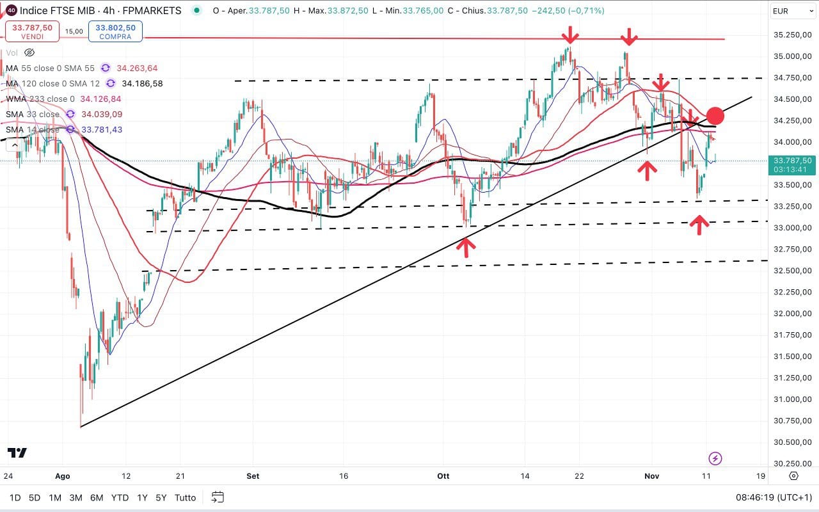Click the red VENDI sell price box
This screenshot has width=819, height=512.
[x=32, y=31]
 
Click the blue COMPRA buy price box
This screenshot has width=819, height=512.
[x=115, y=31]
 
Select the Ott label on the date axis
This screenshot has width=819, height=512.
[x=444, y=476]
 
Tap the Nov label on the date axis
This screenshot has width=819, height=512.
[x=652, y=476]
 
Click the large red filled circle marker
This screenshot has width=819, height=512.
[x=715, y=116]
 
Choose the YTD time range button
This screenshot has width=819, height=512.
[x=120, y=497]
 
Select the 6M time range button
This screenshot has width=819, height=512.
[x=97, y=497]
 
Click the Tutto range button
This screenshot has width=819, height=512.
[x=185, y=497]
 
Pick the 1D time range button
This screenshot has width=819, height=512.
[x=15, y=497]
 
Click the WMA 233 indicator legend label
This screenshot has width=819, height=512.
[x=40, y=99]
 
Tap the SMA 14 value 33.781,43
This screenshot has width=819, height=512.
[x=99, y=129]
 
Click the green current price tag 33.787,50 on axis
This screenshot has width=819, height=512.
[x=792, y=165]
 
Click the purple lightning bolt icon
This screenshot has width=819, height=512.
[x=715, y=458]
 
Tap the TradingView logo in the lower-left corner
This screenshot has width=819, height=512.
[x=17, y=453]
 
